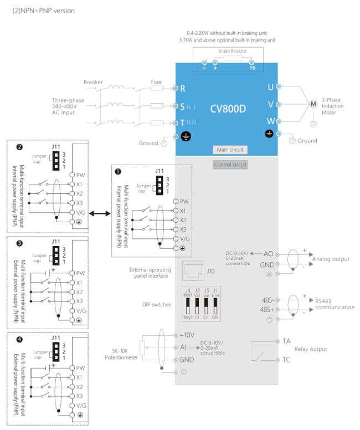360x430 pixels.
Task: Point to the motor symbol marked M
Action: [312, 104]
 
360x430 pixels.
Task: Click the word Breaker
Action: [93, 81]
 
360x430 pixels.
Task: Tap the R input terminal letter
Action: [182, 88]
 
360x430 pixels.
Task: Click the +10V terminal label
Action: [188, 335]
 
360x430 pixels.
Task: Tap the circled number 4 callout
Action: [19, 337]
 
